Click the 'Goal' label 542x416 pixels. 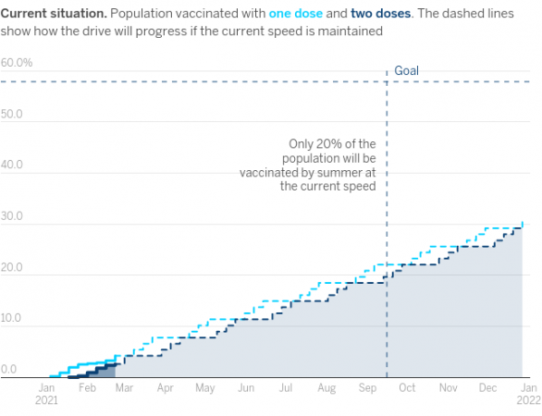407,71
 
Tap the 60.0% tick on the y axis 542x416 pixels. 17,63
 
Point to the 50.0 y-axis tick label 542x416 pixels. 12,114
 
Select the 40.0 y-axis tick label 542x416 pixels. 12,165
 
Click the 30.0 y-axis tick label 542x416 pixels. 12,216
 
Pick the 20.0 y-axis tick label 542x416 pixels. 12,267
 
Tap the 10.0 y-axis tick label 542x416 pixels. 12,318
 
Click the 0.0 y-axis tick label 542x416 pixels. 9,369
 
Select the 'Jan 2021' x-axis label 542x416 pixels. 46,394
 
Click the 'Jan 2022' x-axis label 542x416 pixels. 529,394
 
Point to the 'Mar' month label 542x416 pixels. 124,387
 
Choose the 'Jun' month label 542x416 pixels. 246,387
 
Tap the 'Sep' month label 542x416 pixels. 367,387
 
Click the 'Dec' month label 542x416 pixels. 487,387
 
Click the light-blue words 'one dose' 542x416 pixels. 296,14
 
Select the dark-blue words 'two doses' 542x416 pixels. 381,14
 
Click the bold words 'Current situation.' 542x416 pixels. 54,14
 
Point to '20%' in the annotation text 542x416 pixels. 328,143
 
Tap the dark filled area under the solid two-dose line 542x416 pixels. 104,372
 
